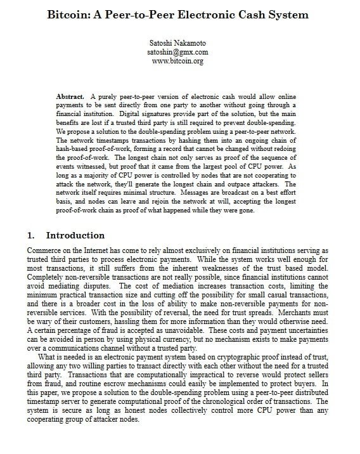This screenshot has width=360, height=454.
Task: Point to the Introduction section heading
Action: (x=75, y=235)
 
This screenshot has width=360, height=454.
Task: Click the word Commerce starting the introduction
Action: (x=45, y=251)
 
